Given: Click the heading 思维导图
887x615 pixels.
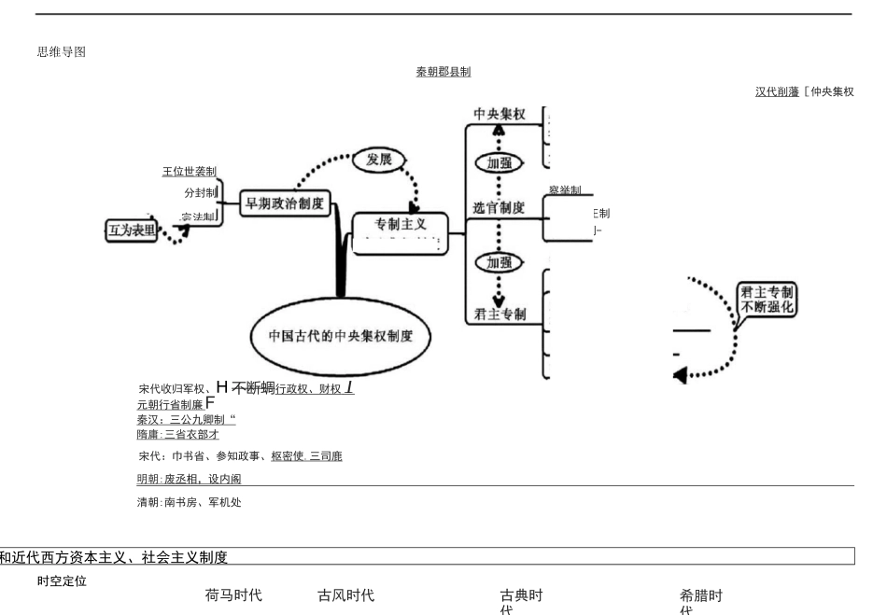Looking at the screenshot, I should (62, 52).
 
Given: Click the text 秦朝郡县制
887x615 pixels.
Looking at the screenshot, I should (443, 72).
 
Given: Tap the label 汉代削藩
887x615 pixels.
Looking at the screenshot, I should (777, 91).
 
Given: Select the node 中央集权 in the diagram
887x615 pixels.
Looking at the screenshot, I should (500, 114).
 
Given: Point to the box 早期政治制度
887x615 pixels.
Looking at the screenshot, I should (284, 203).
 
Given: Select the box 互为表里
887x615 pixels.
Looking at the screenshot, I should (130, 230).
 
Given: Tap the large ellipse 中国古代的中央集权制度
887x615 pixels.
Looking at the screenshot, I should (341, 335).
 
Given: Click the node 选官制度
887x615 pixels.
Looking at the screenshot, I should (499, 207).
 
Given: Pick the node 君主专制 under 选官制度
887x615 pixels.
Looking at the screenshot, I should (500, 314).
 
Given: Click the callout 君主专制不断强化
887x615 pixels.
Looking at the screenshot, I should (767, 299).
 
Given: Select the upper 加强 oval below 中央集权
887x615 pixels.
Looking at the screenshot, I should (500, 161).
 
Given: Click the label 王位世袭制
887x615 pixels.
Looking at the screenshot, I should (189, 172).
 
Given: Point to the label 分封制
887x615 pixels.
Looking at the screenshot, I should (200, 192).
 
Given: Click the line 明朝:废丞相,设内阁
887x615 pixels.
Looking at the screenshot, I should (189, 479).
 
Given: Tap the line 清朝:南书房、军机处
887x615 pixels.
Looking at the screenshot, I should (190, 502).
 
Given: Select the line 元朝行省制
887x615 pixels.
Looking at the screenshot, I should (170, 404).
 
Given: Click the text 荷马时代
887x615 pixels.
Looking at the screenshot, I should (233, 595).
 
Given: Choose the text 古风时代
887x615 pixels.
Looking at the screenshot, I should (346, 595).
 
